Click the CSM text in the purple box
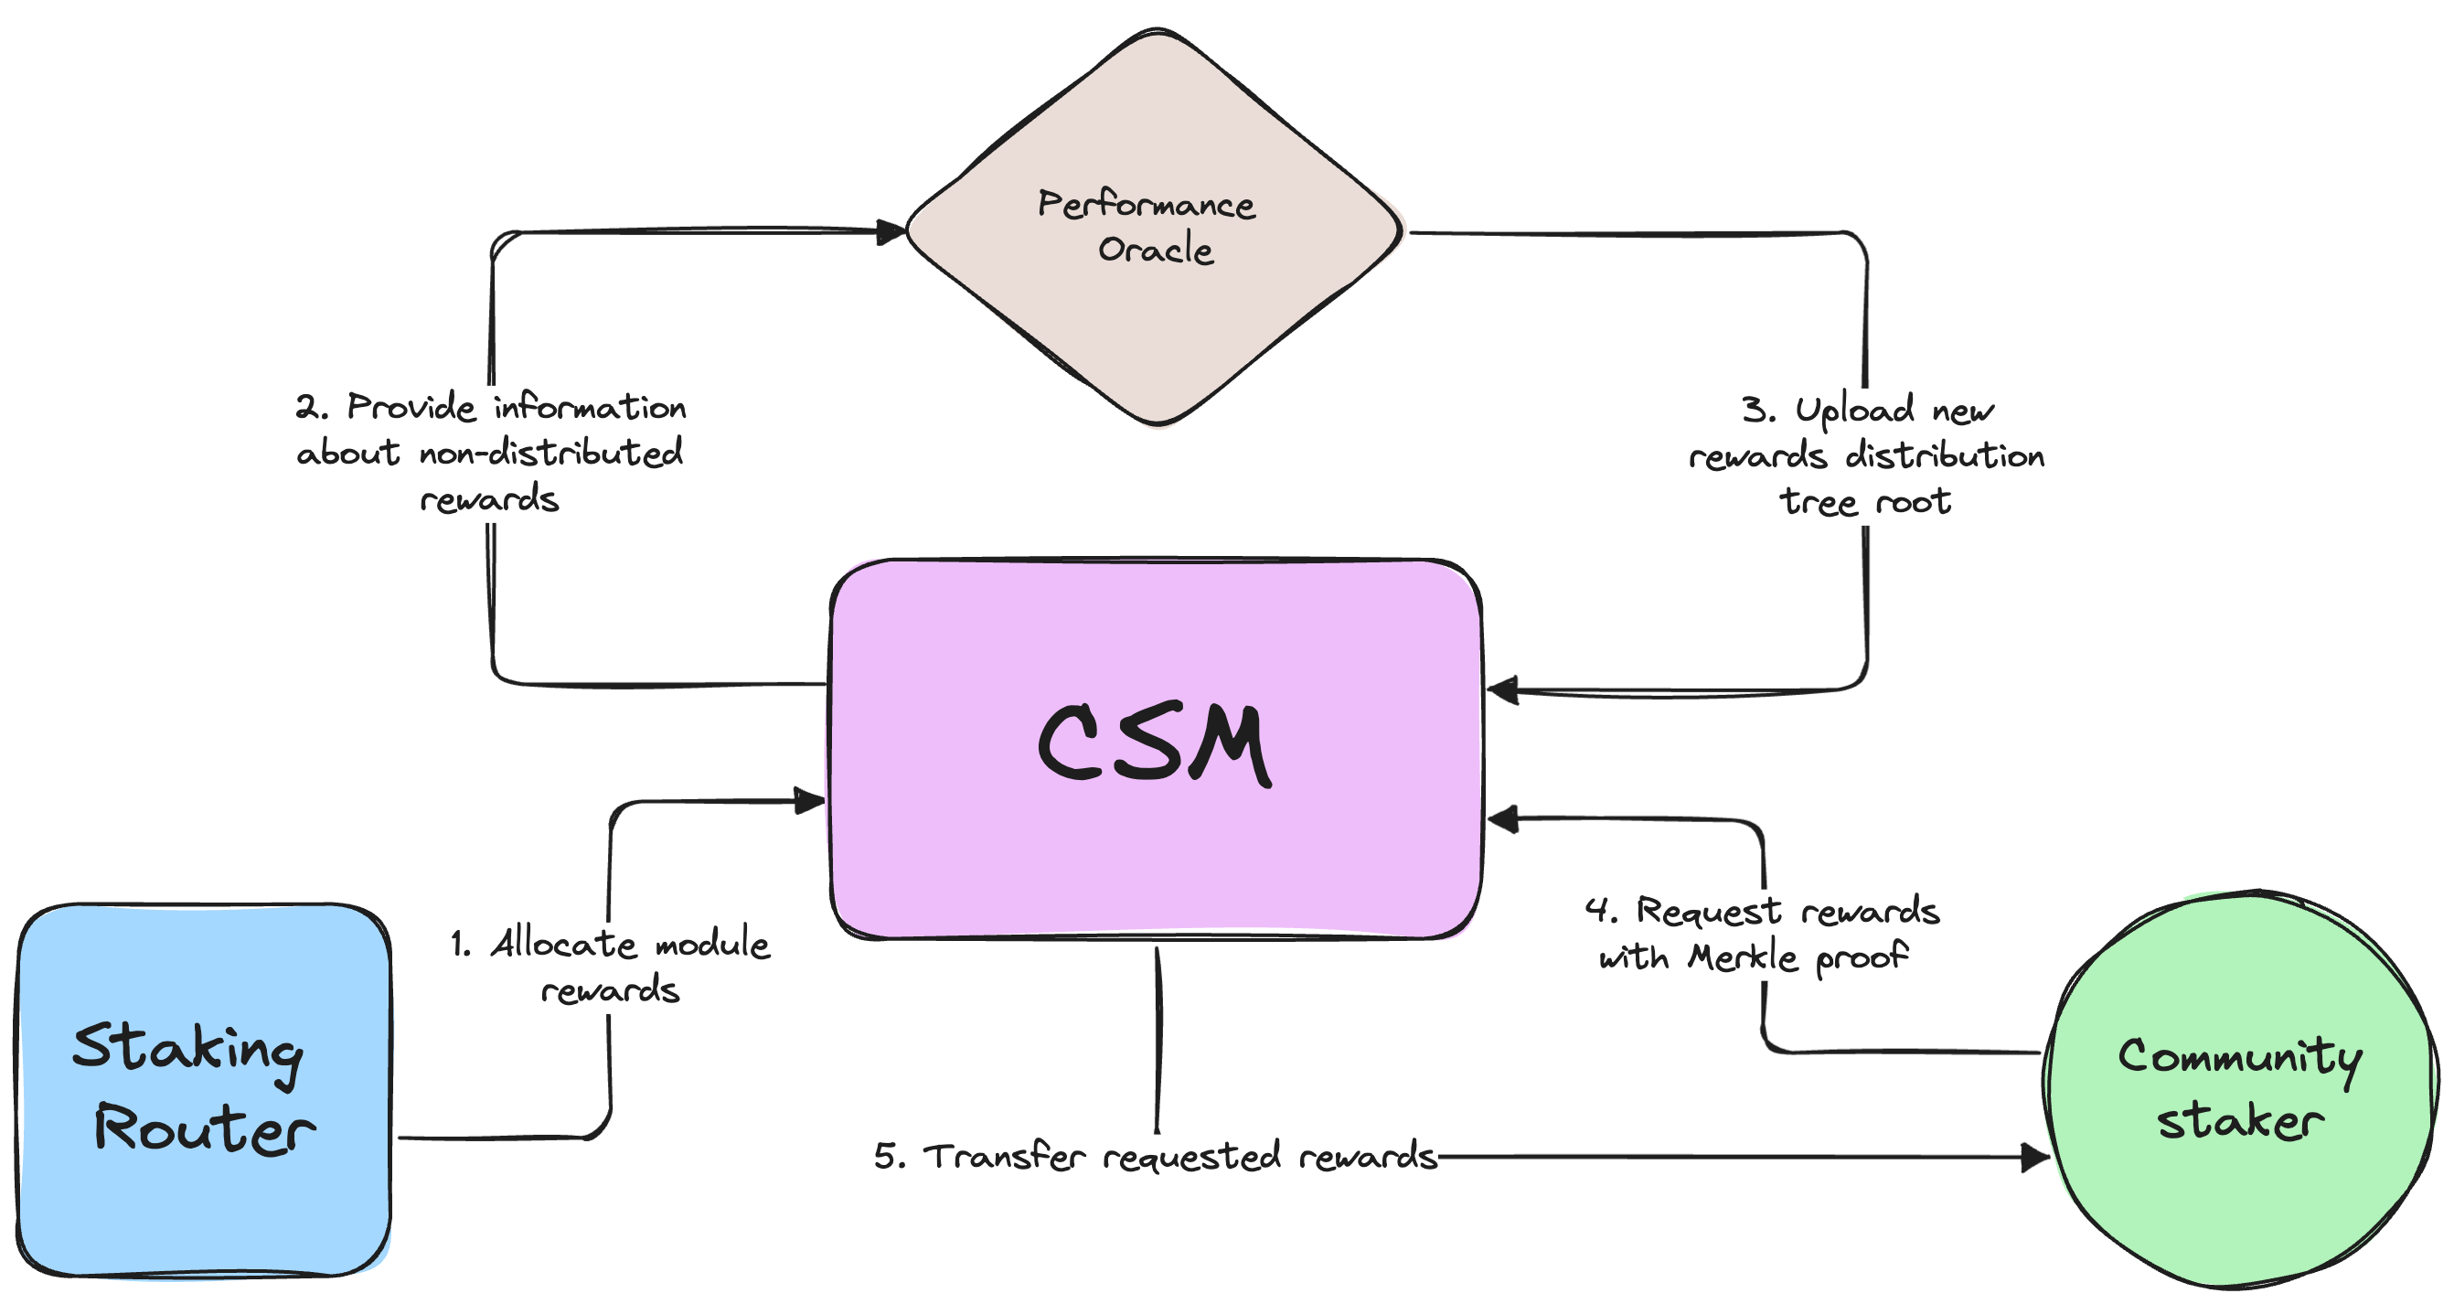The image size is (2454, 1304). click(x=1154, y=743)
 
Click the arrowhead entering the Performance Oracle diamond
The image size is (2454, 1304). click(x=891, y=231)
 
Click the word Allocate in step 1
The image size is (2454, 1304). click(x=563, y=944)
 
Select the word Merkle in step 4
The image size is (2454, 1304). click(x=1743, y=957)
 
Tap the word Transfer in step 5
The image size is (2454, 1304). click(x=1004, y=1157)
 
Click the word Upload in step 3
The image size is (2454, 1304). click(x=1854, y=411)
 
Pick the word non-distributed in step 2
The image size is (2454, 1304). click(x=550, y=453)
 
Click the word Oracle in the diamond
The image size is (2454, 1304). click(x=1156, y=251)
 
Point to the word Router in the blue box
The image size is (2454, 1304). click(x=204, y=1129)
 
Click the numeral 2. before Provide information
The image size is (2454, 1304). click(x=311, y=408)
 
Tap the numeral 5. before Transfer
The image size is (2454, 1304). click(x=889, y=1157)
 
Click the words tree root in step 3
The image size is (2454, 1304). click(x=1864, y=502)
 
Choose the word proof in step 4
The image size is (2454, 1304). click(x=1862, y=957)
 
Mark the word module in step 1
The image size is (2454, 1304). click(x=711, y=944)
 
